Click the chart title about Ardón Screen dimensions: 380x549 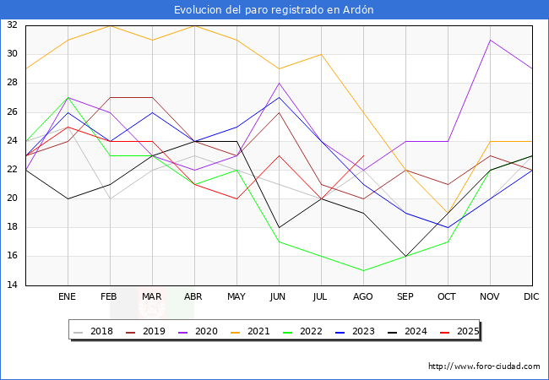pos(274,9)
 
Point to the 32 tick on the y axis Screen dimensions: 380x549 pos(13,25)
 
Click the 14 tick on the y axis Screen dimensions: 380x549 pos(13,285)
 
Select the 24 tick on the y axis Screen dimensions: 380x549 pos(13,141)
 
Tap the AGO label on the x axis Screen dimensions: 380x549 pos(363,297)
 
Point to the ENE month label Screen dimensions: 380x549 pos(68,297)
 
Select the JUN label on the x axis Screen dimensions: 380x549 pos(279,297)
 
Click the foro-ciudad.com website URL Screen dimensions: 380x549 pos(484,366)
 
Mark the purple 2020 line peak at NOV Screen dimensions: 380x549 pos(490,40)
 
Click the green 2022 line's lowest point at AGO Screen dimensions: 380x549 pos(363,270)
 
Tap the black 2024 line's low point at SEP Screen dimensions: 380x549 pos(405,256)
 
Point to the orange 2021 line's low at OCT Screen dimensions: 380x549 pos(448,213)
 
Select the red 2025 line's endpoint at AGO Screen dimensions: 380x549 pos(363,155)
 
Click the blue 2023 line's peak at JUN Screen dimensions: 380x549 pos(279,97)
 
